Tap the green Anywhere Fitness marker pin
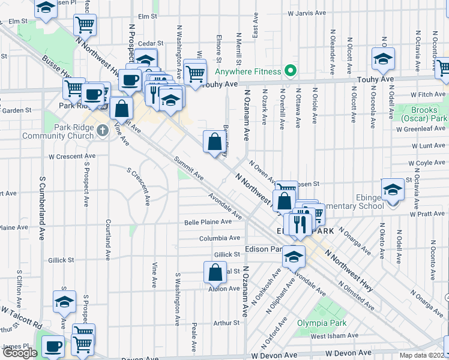coord(290,71)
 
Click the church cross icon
coord(103,129)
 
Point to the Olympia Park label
coord(319,323)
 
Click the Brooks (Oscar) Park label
coord(429,114)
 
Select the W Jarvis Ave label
coord(306,12)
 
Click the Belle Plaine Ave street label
coord(208,222)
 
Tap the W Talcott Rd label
coord(22,319)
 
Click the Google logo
coord(20,352)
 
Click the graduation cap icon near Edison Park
coord(294,256)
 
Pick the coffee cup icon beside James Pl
coord(53,346)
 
